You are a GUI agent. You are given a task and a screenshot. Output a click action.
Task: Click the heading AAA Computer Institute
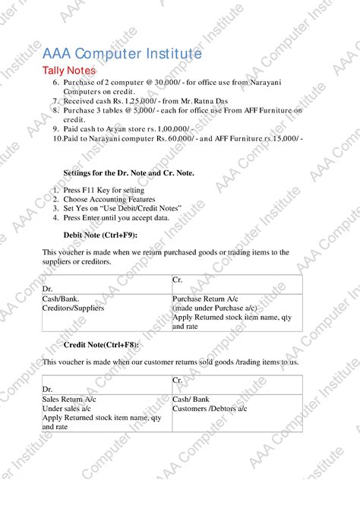122,54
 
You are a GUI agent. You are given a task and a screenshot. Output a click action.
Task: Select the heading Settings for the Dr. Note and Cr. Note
128,173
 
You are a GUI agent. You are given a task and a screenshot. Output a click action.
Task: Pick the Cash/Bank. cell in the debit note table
61,299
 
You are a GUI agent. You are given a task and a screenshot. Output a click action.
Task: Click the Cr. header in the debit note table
178,280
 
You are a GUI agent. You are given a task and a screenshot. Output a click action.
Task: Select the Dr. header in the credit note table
48,389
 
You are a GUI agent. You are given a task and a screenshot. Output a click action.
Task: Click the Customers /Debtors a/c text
210,409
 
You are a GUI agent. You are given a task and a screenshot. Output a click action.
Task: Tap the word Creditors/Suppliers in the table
74,308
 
